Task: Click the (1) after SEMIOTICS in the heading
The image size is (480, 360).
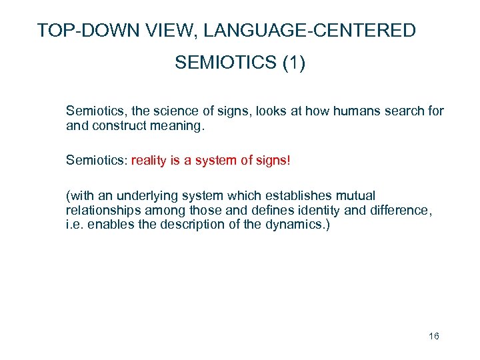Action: (x=294, y=63)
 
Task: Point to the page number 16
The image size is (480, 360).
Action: (x=434, y=336)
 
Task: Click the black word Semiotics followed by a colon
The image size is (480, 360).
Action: (x=97, y=160)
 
